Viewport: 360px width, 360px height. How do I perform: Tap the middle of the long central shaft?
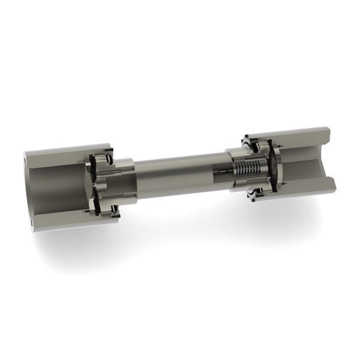tap(180, 174)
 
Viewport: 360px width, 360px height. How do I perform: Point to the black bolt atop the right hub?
tap(247, 144)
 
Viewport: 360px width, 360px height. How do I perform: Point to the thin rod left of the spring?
tap(223, 173)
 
